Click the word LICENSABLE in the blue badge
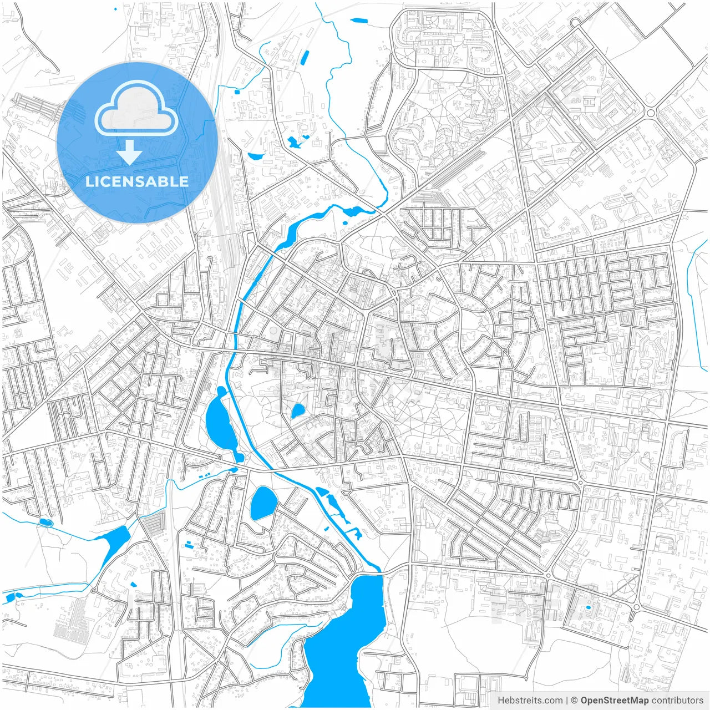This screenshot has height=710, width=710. click(x=136, y=181)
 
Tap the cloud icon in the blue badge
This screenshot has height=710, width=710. click(x=136, y=109)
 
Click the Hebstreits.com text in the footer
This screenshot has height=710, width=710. click(x=530, y=701)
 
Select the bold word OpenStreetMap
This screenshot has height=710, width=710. click(x=614, y=701)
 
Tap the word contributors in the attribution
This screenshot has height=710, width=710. click(x=677, y=701)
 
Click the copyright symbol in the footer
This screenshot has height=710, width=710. click(x=574, y=701)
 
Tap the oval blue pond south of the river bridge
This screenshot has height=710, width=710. click(x=263, y=503)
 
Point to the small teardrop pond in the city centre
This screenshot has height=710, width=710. click(x=298, y=411)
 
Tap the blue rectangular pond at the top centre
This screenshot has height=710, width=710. click(x=359, y=21)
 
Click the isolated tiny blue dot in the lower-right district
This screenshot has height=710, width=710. click(x=588, y=607)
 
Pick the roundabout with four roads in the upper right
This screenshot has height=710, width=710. click(x=651, y=113)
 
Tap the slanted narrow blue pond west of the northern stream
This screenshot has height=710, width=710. click(x=305, y=58)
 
